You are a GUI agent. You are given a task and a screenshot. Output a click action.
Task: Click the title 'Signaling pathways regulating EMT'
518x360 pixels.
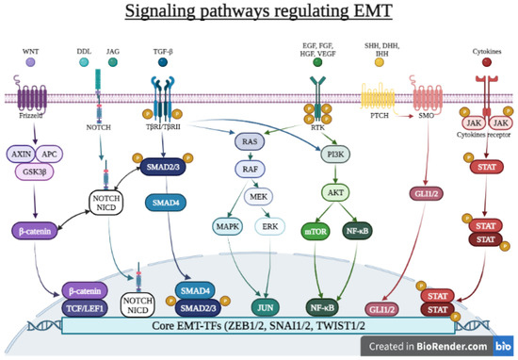pyautogui.click(x=259, y=16)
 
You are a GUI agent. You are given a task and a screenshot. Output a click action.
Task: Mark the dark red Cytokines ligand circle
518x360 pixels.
pyautogui.click(x=486, y=62)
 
